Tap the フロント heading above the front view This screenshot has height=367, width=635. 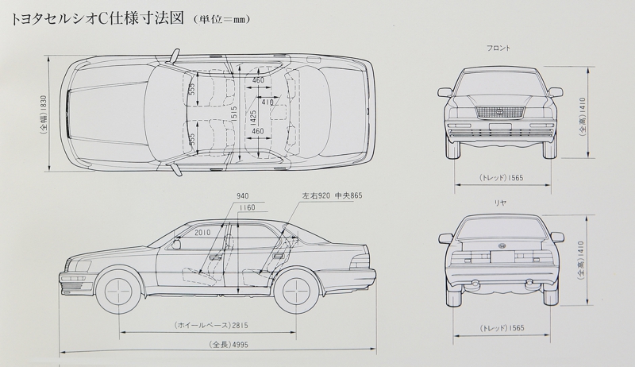pos(499,48)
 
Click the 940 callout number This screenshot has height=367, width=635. pos(242,195)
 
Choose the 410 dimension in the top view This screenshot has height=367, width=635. pos(267,102)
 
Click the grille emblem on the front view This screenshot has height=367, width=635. pos(499,110)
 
